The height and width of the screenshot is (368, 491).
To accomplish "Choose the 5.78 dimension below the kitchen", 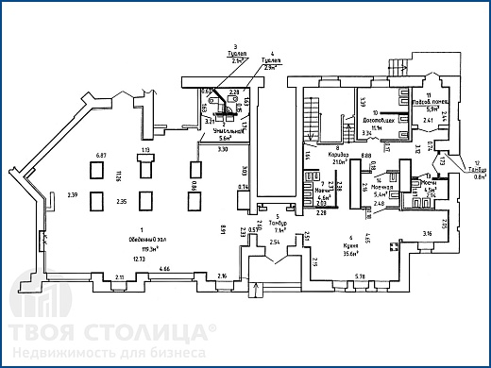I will point(359,276).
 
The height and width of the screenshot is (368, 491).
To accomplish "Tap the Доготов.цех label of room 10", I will point(377,121).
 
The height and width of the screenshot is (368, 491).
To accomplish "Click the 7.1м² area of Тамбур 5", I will point(280,229).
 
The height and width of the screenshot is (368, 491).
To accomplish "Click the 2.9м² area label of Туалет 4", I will point(273,68).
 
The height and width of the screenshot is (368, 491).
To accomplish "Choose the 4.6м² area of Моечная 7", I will point(322,196).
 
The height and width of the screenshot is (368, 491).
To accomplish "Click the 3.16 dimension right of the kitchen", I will point(427,232).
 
